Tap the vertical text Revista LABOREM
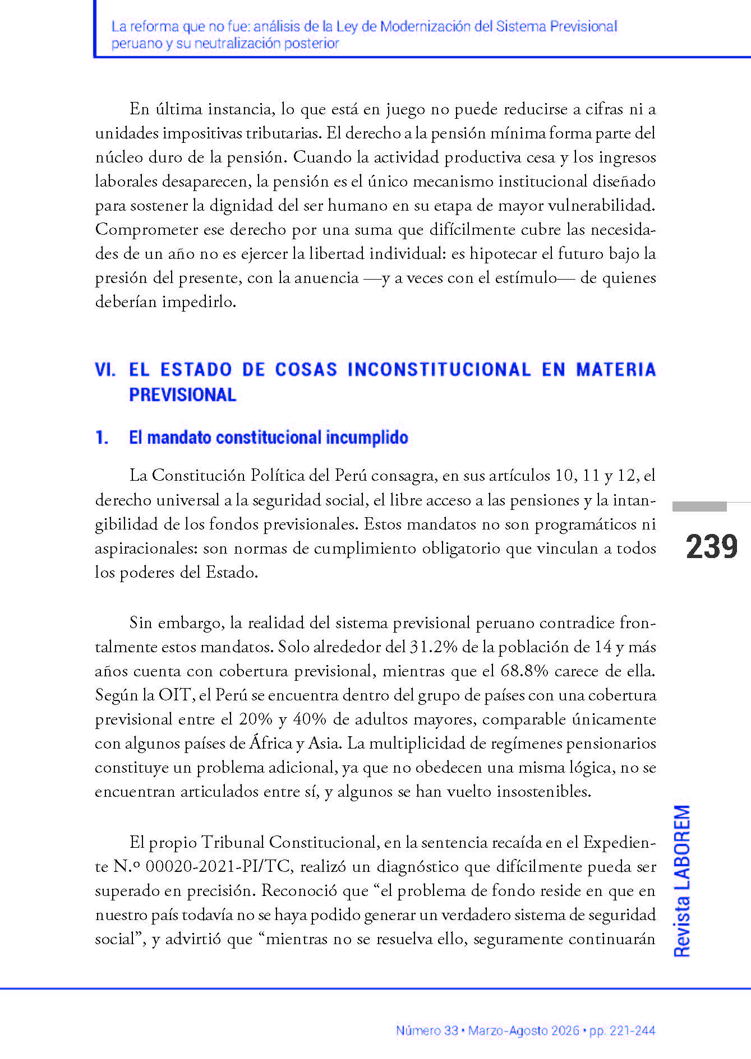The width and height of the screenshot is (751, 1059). click(x=682, y=881)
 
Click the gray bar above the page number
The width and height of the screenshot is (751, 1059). click(x=699, y=507)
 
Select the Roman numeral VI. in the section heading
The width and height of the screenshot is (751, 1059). click(x=105, y=370)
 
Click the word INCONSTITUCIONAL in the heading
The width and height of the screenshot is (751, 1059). click(x=439, y=370)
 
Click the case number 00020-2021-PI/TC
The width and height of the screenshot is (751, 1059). click(x=218, y=867)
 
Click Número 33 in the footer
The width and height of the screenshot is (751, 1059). click(x=427, y=1030)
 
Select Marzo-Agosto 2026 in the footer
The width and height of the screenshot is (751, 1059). click(x=523, y=1030)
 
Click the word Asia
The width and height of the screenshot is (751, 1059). click(x=325, y=744)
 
